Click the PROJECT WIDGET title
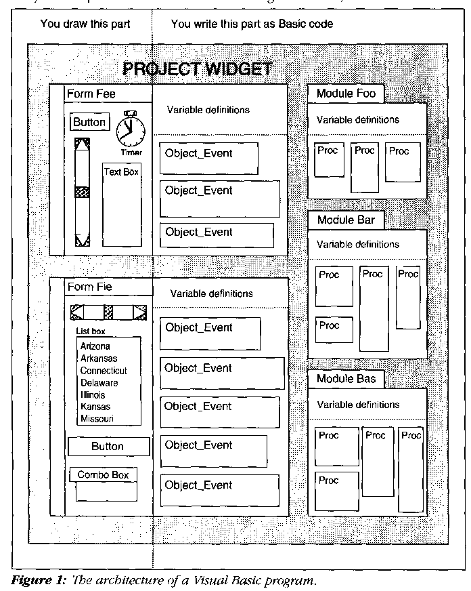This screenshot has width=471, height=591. pyautogui.click(x=197, y=68)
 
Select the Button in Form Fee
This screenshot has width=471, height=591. pyautogui.click(x=89, y=122)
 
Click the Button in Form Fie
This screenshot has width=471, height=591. pyautogui.click(x=108, y=447)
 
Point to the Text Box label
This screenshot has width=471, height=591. pyautogui.click(x=121, y=172)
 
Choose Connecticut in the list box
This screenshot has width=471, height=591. pyautogui.click(x=103, y=371)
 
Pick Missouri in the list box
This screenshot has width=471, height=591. pyautogui.click(x=97, y=419)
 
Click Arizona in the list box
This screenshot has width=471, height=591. pyautogui.click(x=95, y=346)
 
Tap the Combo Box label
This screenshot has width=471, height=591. pyautogui.click(x=103, y=475)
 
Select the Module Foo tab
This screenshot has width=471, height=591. pyautogui.click(x=346, y=94)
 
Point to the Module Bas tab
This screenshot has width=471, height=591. pyautogui.click(x=345, y=379)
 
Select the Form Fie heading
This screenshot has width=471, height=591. pyautogui.click(x=89, y=287)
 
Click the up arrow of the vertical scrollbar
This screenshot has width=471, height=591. pyautogui.click(x=83, y=144)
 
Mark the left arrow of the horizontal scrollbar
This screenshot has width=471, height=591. pyautogui.click(x=78, y=312)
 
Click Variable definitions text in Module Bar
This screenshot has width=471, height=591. pyautogui.click(x=358, y=244)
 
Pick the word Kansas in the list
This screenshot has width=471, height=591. pyautogui.click(x=95, y=407)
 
